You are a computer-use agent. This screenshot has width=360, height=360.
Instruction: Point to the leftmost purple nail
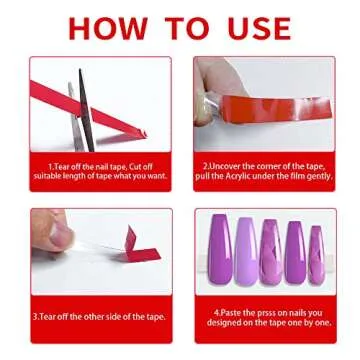219,249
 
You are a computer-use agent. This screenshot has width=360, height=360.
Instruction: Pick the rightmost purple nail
316,254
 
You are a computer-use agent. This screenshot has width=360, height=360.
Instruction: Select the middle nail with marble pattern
268,250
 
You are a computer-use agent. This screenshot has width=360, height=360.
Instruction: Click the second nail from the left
244,250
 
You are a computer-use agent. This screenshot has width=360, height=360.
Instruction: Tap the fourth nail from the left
293,251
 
